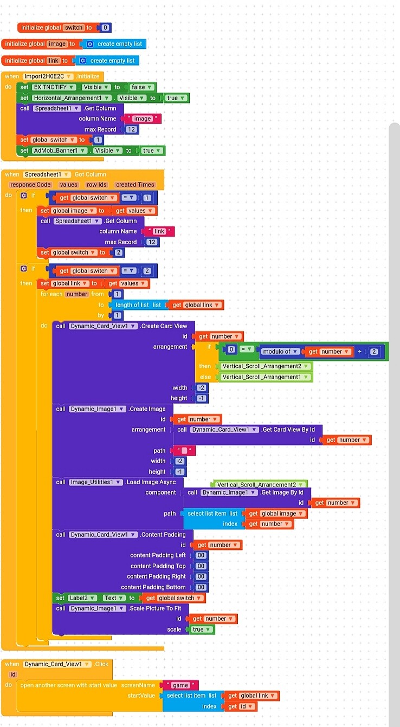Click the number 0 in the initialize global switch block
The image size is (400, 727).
coord(105,28)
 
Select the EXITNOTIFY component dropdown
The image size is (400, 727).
coord(54,87)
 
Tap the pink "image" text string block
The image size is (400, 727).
coord(142,119)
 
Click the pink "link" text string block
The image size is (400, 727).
coord(159,231)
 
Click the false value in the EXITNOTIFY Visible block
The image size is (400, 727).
coord(141,87)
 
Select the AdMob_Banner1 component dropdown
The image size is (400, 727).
coord(60,151)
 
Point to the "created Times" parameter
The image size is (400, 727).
coord(135,185)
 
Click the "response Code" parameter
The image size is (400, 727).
coord(30,185)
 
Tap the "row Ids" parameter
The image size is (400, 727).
coord(96,185)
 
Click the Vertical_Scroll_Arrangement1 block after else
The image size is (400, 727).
coord(265,377)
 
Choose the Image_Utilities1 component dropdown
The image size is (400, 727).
coord(96,482)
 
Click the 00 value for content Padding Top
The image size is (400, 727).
coord(201,566)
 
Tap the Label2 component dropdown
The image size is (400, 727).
coord(82,598)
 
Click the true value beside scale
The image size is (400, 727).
coord(201,629)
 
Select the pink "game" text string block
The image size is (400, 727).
coord(180,685)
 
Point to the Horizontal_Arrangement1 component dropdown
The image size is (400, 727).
coord(72,98)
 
